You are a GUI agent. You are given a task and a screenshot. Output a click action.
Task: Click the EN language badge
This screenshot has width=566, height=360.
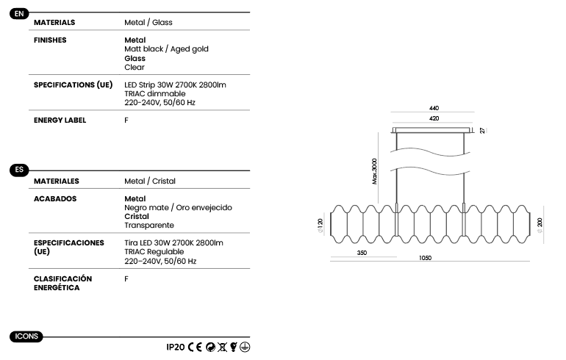(x=19, y=14)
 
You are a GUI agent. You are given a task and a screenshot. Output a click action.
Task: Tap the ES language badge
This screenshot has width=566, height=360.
(x=19, y=170)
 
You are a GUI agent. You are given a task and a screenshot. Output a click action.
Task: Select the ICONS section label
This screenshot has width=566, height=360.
(x=26, y=336)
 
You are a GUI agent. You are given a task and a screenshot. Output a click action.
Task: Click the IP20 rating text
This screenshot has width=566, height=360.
(x=176, y=347)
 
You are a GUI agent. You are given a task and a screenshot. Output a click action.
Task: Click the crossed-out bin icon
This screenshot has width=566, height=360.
(x=222, y=347)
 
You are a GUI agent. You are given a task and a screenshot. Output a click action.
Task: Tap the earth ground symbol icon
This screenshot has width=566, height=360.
(x=245, y=347)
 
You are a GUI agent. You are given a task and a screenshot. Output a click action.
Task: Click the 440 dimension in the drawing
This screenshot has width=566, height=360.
(x=434, y=108)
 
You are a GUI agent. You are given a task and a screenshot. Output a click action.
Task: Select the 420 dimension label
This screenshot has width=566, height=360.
(x=434, y=118)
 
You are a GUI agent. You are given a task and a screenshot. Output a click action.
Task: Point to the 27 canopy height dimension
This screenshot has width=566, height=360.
(x=482, y=131)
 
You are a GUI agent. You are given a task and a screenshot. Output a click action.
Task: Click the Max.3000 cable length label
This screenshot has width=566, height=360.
(x=374, y=171)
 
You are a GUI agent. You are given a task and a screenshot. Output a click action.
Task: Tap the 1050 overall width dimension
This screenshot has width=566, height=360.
(x=425, y=258)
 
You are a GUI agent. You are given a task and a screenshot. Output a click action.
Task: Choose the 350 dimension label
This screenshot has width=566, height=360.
(x=362, y=253)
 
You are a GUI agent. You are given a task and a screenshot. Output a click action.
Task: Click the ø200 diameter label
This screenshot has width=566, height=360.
(x=540, y=225)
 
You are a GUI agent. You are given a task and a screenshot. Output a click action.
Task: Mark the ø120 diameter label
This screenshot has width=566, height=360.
(x=320, y=226)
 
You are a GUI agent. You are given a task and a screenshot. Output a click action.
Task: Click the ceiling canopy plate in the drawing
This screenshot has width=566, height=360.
(x=432, y=130)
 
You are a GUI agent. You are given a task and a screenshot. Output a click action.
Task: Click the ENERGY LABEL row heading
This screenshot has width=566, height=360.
(x=60, y=120)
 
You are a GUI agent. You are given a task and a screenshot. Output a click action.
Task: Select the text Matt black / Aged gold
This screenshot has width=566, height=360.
(x=166, y=49)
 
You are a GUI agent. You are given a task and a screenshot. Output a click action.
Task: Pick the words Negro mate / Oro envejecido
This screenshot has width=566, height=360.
(x=178, y=207)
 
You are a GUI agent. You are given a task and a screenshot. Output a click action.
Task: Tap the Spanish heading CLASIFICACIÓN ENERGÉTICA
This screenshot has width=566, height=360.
(x=62, y=283)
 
